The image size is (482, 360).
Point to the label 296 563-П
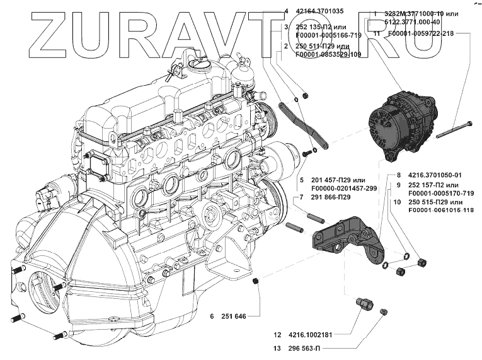pyautogui.click(x=306, y=348)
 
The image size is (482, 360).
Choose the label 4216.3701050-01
pyautogui.click(x=435, y=175)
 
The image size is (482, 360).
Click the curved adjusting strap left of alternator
pyautogui.click(x=301, y=124)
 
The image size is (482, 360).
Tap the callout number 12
pyautogui.click(x=277, y=335)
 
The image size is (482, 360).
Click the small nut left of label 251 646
pyautogui.click(x=256, y=281)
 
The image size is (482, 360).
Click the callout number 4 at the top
pyautogui.click(x=286, y=11)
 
